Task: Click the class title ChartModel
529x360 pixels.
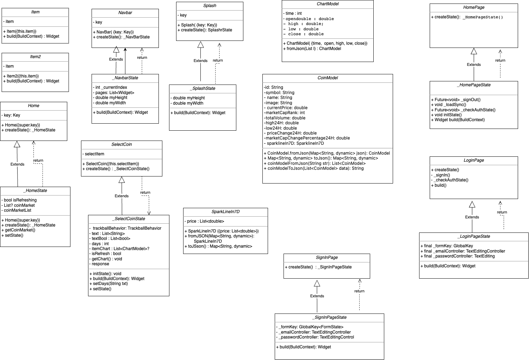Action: [328, 4]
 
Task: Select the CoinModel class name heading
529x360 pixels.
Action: [328, 78]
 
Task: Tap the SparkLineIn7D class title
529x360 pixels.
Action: [225, 212]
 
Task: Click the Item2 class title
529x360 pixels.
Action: [35, 57]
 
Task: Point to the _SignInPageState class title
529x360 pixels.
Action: [329, 317]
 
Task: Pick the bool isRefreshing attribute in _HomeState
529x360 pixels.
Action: [20, 200]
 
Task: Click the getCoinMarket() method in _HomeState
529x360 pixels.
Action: [20, 230]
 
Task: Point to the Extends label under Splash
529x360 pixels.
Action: [200, 61]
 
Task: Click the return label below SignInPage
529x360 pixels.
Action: [359, 291]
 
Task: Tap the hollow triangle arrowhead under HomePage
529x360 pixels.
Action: [474, 51]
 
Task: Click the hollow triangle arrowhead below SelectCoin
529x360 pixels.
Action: [122, 180]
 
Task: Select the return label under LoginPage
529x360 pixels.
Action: [502, 212]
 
